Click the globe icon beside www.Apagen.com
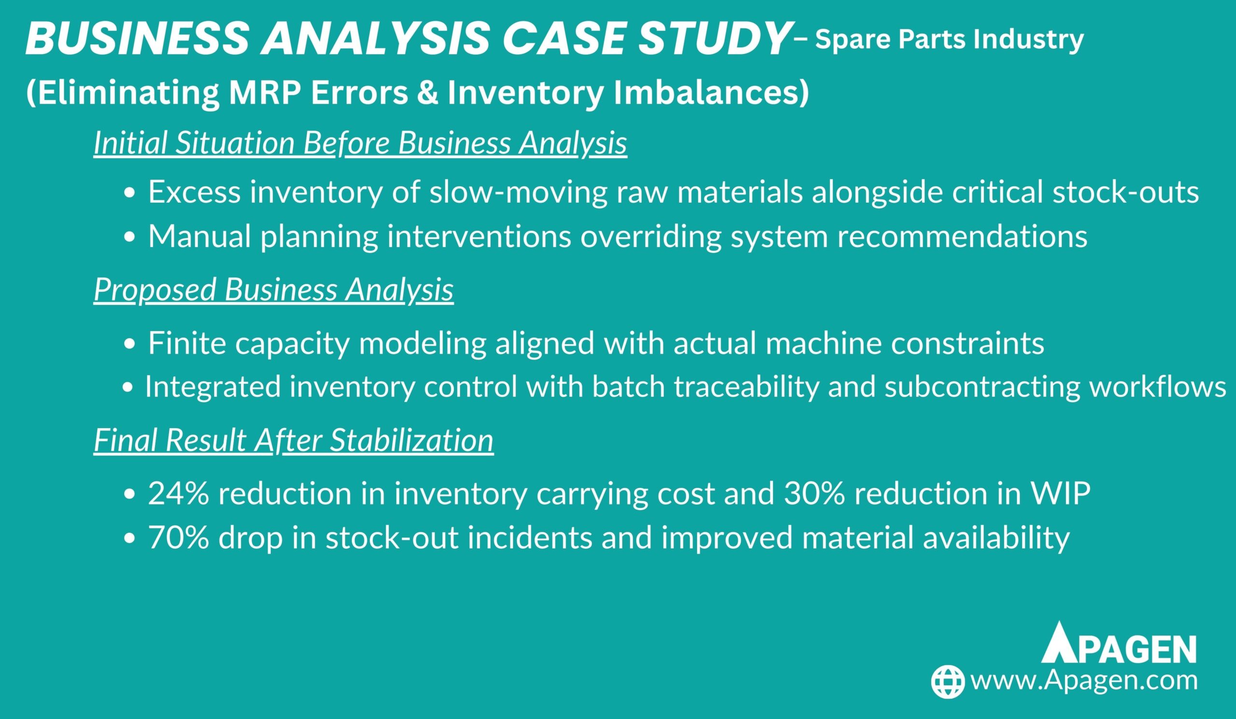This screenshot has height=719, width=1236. (948, 682)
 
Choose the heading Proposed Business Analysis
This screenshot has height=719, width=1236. (274, 290)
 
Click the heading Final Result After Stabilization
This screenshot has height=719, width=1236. (293, 441)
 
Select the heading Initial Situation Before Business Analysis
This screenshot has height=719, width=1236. (361, 144)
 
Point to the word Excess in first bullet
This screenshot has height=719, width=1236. (194, 192)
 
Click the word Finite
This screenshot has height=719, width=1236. (187, 343)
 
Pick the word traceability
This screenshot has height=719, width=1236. (746, 387)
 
